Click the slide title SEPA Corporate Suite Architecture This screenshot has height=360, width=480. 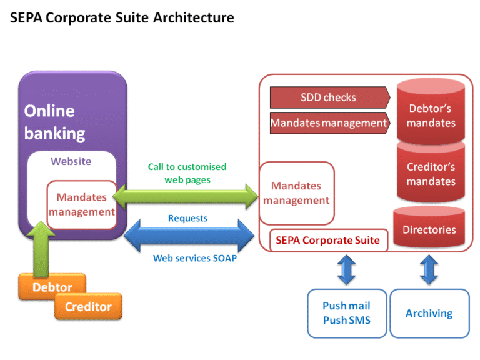click(122, 18)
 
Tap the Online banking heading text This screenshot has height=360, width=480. click(54, 122)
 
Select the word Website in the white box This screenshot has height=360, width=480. click(71, 161)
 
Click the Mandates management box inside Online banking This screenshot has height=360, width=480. click(82, 204)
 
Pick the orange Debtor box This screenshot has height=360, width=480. click(52, 287)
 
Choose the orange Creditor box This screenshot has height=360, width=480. click(88, 307)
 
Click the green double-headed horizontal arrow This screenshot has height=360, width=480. click(187, 196)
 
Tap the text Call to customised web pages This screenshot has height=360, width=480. click(187, 173)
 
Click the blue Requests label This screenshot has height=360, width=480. click(187, 219)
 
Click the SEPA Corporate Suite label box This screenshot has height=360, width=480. click(328, 240)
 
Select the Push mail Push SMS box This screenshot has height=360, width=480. click(346, 313)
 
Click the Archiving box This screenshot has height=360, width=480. click(429, 313)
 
